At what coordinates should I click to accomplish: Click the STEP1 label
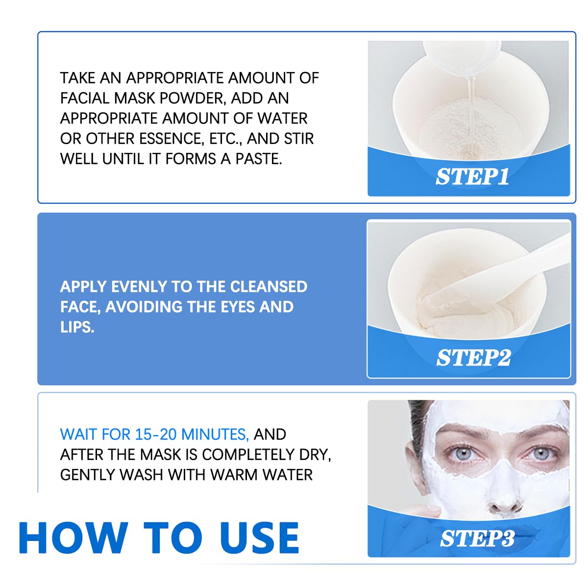[x=472, y=177]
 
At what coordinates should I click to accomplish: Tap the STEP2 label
[x=473, y=358]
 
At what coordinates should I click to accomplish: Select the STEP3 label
[x=477, y=539]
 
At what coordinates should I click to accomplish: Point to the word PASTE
[x=258, y=159]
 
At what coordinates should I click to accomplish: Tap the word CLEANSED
[x=269, y=287]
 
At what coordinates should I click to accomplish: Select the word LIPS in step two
[x=76, y=327]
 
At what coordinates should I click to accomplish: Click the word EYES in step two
[x=232, y=307]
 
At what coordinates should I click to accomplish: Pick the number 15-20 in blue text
[x=156, y=435]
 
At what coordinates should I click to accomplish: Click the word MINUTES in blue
[x=215, y=435]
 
